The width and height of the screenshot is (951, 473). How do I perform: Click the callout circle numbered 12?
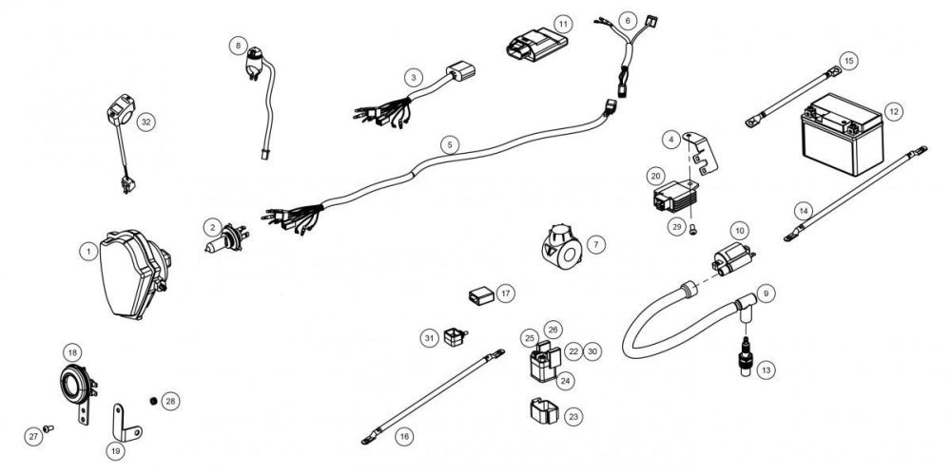(x=893, y=111)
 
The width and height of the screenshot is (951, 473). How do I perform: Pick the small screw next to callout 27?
(x=53, y=429)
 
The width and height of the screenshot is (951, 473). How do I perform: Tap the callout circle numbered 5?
(x=451, y=144)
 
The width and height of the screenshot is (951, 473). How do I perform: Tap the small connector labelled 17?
(x=481, y=295)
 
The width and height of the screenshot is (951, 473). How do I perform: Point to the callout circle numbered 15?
(x=849, y=61)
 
